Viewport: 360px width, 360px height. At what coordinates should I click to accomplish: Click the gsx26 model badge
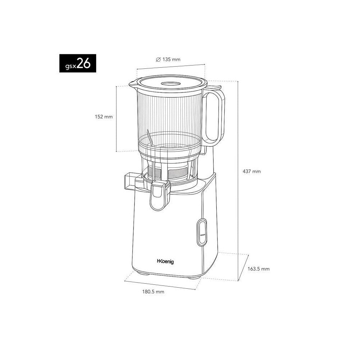(x=77, y=63)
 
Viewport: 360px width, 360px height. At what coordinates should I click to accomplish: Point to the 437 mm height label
(x=251, y=172)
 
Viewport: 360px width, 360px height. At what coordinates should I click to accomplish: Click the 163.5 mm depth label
(x=259, y=269)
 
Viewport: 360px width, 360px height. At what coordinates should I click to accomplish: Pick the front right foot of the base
(x=192, y=278)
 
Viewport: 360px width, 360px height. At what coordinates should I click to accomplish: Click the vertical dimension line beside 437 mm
(x=239, y=180)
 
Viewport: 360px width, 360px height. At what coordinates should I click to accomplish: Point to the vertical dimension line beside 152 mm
(x=117, y=119)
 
